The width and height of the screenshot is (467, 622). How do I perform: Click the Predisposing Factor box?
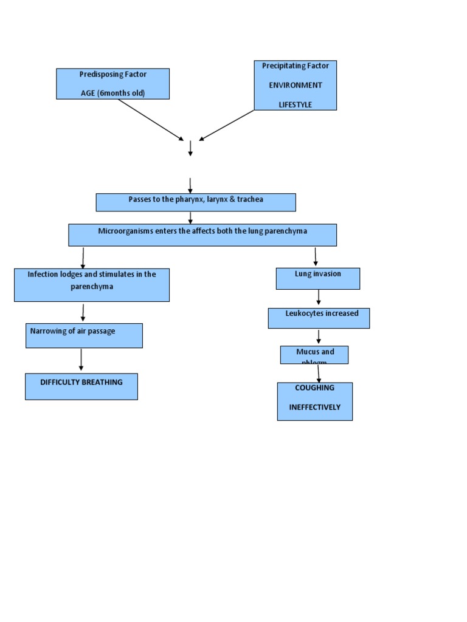[x=112, y=83]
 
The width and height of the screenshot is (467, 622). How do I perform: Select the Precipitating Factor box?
[x=295, y=85]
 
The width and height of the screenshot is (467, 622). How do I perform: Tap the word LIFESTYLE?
[x=295, y=104]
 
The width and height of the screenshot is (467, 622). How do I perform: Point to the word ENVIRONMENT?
[x=296, y=85]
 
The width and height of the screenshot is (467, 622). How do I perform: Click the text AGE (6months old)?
[x=112, y=93]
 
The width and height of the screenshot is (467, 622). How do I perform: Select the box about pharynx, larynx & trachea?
[x=196, y=202]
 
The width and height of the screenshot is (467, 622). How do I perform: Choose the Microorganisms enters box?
[x=202, y=234]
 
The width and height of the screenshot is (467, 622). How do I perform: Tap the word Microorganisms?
[x=125, y=231]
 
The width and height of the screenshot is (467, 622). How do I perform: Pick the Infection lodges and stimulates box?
[x=91, y=284]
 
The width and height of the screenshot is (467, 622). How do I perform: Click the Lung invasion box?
[x=317, y=278]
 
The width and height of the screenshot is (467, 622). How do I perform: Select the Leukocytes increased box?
[x=319, y=318]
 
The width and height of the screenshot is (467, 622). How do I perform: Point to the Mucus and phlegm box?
[x=314, y=355]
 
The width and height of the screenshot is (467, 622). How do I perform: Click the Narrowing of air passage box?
[x=84, y=335]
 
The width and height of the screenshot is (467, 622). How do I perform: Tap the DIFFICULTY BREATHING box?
[x=81, y=386]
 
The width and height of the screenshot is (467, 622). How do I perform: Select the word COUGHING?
[x=314, y=388]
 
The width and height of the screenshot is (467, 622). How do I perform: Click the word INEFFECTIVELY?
[x=314, y=407]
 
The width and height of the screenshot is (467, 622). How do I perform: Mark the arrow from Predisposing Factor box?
[x=150, y=120]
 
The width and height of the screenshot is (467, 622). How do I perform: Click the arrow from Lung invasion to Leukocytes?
[x=319, y=297]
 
